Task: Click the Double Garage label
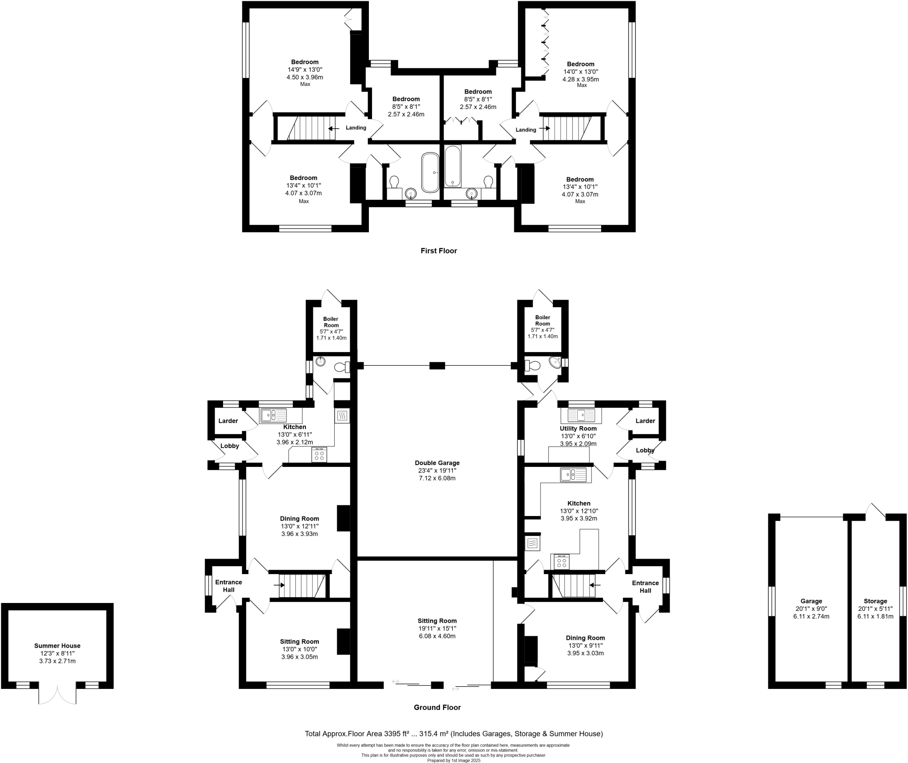(437, 463)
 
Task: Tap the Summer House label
(57, 646)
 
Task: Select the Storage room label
(875, 601)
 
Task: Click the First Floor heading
(438, 251)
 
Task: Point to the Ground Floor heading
(437, 708)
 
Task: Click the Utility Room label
(578, 429)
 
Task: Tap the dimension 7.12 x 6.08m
(437, 478)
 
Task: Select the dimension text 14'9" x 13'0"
(305, 70)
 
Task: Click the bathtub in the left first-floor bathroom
(430, 172)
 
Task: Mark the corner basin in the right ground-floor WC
(554, 362)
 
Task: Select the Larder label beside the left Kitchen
(228, 421)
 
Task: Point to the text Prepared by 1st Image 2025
(454, 760)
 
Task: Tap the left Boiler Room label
(331, 322)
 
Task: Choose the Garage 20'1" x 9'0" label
(811, 601)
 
